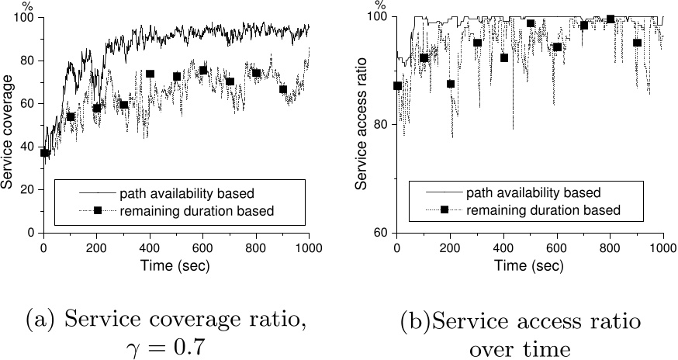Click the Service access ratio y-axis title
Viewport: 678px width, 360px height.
[x=361, y=123]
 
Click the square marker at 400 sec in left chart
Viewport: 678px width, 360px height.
[x=150, y=74]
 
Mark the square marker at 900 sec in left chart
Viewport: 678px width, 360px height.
[x=283, y=89]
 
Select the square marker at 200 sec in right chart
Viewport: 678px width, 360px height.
[x=451, y=84]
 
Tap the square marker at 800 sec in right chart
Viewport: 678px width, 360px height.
[x=610, y=19]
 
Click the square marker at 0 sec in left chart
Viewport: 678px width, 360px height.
[x=44, y=153]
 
